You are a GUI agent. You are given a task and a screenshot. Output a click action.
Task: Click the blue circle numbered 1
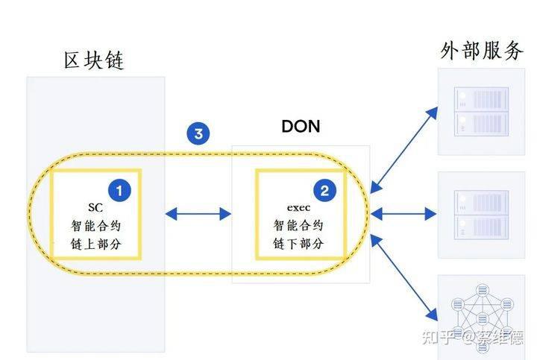click(x=119, y=191)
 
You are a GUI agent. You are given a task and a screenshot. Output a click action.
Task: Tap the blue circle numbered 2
click(x=324, y=190)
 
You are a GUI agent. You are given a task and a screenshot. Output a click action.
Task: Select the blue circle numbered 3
click(x=198, y=133)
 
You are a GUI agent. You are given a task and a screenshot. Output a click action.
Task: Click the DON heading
click(x=301, y=126)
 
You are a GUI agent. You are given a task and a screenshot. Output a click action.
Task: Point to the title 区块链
click(x=94, y=60)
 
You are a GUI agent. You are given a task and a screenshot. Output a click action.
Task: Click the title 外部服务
click(x=482, y=51)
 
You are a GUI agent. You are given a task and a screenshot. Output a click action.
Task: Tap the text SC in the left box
click(x=95, y=207)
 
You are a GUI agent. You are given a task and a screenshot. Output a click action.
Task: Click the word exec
click(x=298, y=207)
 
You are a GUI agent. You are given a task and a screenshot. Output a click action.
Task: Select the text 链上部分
click(x=96, y=244)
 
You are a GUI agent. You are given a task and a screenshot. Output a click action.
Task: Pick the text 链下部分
click(x=298, y=244)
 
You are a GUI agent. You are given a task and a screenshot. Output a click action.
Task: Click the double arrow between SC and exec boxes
click(x=198, y=214)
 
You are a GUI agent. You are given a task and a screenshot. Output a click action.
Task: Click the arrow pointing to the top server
click(x=404, y=150)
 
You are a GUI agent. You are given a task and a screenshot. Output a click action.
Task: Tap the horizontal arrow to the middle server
click(x=403, y=214)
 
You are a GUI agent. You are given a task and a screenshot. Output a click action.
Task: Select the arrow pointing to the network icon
click(x=404, y=277)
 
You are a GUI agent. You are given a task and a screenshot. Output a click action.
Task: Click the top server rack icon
click(x=481, y=112)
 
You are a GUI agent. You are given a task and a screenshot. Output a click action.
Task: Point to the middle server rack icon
click(x=481, y=215)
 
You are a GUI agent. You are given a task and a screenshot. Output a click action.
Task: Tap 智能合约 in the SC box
click(x=96, y=226)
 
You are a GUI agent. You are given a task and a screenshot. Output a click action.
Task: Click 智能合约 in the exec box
click(x=298, y=225)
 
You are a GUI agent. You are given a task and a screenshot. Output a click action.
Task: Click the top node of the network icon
click(x=483, y=291)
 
